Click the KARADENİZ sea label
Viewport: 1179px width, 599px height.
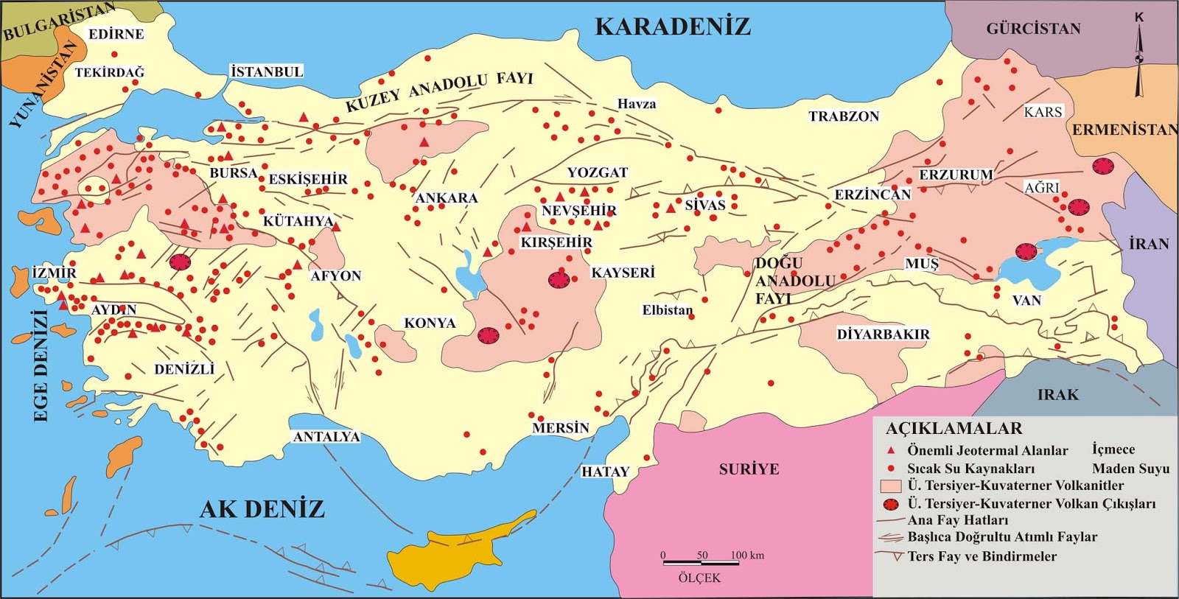point(672,27)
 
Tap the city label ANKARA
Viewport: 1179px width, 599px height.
point(447,197)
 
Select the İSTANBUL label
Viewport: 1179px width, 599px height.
point(267,71)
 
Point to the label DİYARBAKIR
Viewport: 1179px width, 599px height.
point(883,334)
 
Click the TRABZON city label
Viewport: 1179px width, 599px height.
point(844,116)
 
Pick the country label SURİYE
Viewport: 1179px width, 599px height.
point(749,469)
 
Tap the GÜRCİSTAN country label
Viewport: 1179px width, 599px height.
point(1033,29)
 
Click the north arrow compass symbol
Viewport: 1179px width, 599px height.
point(1139,59)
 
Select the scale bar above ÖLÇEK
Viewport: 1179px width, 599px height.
point(701,563)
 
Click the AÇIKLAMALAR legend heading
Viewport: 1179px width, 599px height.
point(954,429)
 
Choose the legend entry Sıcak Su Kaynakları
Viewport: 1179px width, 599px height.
point(970,469)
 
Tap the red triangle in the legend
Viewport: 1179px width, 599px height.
point(891,450)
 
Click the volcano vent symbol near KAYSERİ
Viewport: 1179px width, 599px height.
point(559,279)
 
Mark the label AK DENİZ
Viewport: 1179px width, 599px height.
point(262,509)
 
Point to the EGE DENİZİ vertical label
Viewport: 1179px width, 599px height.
point(41,365)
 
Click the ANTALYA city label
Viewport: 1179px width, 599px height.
point(326,437)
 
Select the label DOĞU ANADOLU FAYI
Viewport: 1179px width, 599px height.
point(794,281)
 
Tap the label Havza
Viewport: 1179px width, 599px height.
point(637,104)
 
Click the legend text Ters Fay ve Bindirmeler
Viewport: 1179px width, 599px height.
point(982,556)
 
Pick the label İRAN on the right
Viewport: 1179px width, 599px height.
point(1149,244)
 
